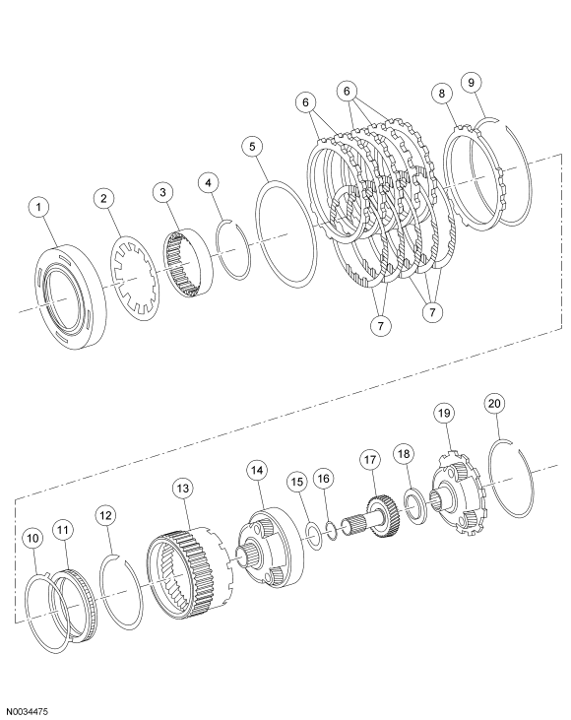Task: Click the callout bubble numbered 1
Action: [x=38, y=208]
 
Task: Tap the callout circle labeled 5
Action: [x=253, y=147]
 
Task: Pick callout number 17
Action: [x=370, y=460]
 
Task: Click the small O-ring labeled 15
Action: [x=312, y=535]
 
